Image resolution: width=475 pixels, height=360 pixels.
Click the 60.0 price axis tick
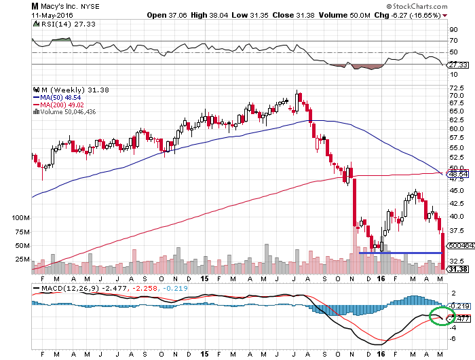click(456, 128)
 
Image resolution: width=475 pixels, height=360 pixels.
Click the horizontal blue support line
click(400, 253)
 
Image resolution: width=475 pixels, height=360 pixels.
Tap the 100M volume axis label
click(22, 218)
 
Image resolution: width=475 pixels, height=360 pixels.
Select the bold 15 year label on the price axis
click(204, 278)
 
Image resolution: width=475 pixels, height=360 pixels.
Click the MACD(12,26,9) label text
click(64, 290)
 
